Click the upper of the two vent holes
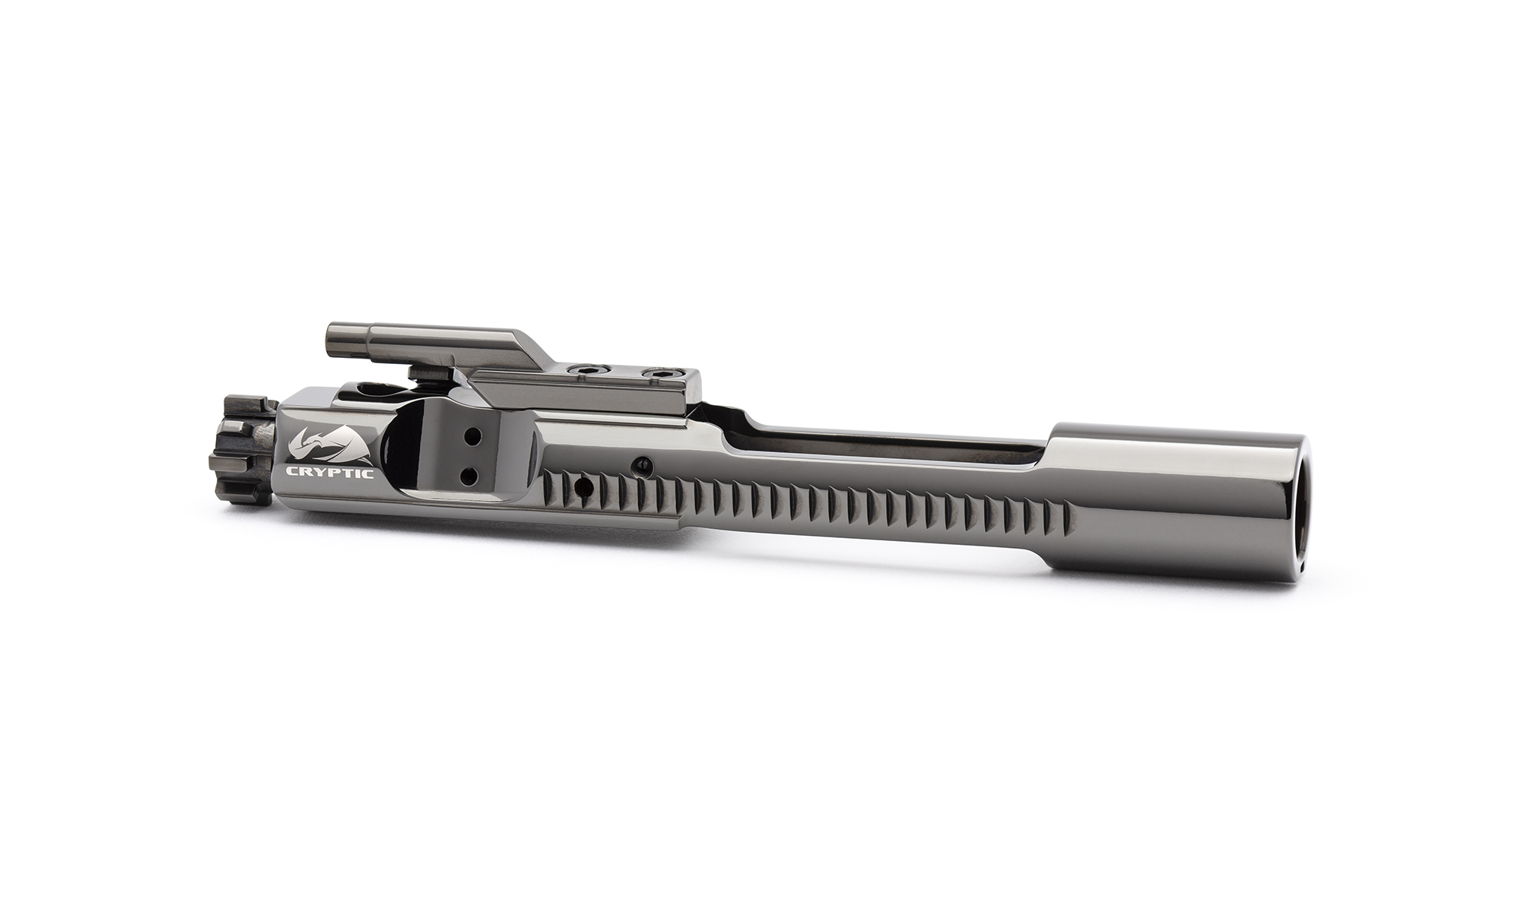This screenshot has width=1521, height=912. click(472, 439)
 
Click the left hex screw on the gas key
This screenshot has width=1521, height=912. click(586, 370)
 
